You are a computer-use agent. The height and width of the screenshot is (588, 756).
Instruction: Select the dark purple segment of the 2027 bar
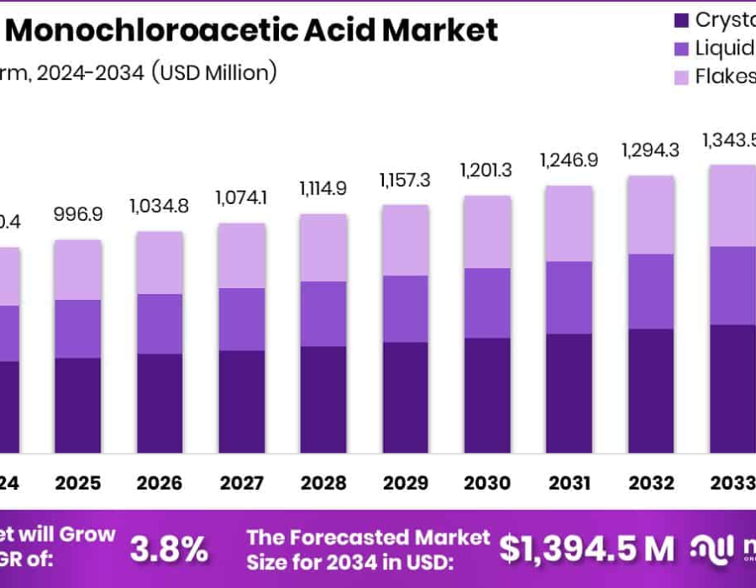[x=241, y=402]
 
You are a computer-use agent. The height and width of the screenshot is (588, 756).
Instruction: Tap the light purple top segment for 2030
[x=486, y=232]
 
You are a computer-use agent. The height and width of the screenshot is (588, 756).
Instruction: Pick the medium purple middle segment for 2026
[x=160, y=323]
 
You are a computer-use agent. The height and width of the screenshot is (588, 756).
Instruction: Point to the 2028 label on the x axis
[x=323, y=483]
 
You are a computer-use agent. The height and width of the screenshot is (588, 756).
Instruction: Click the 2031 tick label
[x=568, y=483]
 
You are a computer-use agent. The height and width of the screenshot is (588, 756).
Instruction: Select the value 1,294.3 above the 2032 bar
[x=649, y=150]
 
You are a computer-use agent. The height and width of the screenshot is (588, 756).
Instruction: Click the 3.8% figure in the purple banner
[x=169, y=549]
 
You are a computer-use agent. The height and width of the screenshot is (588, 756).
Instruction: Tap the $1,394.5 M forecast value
[x=586, y=549]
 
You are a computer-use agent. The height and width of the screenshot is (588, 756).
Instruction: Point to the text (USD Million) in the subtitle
[x=213, y=72]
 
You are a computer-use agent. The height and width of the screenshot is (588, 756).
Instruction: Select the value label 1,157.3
[x=404, y=180]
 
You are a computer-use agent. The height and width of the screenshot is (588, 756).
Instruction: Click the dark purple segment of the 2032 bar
[x=649, y=391]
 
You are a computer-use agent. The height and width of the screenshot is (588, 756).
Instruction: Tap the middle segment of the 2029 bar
[x=404, y=308]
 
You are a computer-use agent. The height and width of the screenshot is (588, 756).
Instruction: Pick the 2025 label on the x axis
[x=77, y=483]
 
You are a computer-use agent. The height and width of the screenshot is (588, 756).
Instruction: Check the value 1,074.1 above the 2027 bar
[x=241, y=197]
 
